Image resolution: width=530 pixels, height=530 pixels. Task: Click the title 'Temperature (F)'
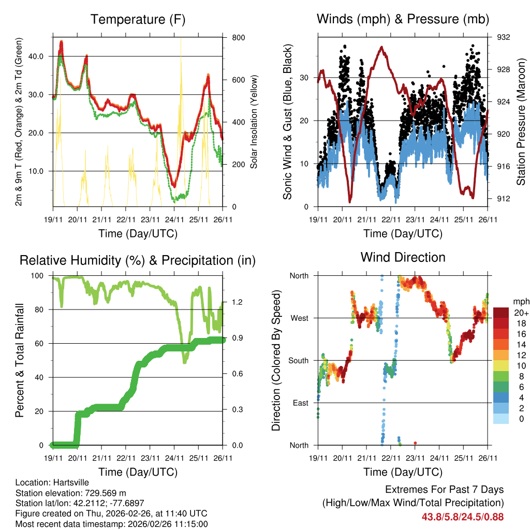(x=138, y=20)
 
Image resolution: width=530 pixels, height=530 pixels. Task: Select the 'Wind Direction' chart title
(x=403, y=257)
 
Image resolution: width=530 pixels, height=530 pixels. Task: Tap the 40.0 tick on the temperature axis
(x=41, y=56)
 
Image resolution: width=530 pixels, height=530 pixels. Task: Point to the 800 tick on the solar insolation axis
(x=231, y=38)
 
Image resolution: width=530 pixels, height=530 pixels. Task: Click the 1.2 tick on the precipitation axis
(x=233, y=302)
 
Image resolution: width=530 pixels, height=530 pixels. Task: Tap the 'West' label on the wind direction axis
(x=299, y=318)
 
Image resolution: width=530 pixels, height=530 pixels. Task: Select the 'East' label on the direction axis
(x=300, y=403)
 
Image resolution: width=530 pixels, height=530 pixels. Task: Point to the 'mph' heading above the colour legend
(x=520, y=301)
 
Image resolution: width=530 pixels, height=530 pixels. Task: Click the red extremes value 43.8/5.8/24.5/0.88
(x=463, y=517)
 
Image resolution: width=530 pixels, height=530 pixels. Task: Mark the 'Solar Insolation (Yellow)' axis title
(x=254, y=122)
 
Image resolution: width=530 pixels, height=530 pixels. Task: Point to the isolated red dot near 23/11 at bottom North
(x=416, y=443)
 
